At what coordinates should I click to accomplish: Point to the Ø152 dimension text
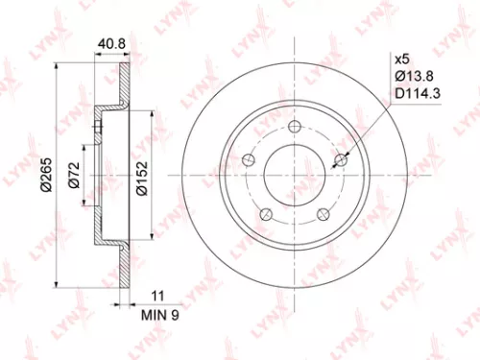(141, 180)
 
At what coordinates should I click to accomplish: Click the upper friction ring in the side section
(122, 87)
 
